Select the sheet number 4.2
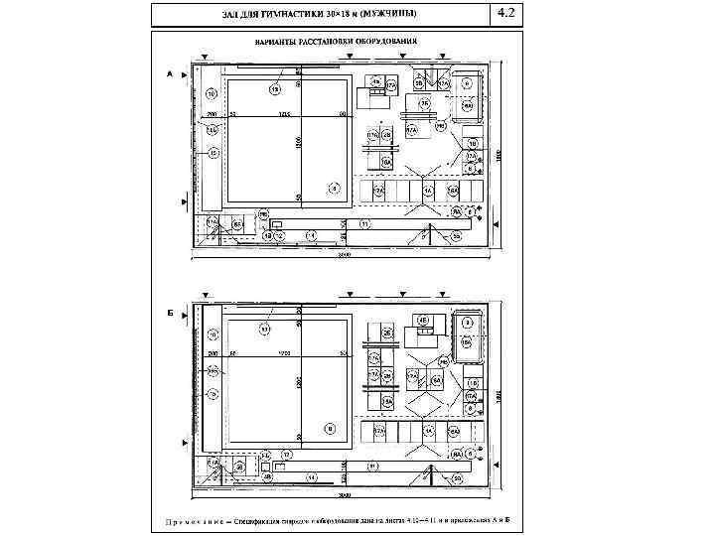pos(505,13)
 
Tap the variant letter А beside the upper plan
pos(170,74)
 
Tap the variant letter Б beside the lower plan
pos(170,312)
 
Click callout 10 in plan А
pos(212,94)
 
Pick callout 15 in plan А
pos(213,153)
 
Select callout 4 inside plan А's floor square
pos(334,187)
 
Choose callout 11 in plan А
pos(364,225)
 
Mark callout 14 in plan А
pos(311,235)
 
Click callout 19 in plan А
pos(275,88)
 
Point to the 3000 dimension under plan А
pos(345,254)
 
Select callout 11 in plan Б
pos(370,465)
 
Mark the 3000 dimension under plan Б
pos(345,493)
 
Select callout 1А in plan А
pos(428,190)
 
